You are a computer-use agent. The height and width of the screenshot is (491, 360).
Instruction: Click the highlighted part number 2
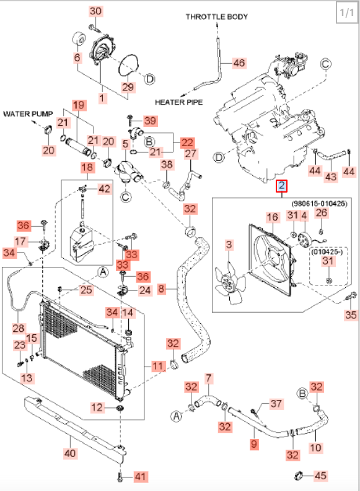click(x=281, y=186)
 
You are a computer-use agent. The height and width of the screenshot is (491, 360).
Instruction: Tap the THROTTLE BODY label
click(x=216, y=17)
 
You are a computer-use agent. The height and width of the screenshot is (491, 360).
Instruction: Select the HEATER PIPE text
click(x=178, y=102)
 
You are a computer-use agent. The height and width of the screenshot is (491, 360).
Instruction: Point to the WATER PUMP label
click(x=28, y=114)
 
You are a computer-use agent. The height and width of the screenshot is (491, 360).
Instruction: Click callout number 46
click(x=239, y=63)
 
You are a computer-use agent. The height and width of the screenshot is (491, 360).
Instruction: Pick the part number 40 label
click(x=70, y=453)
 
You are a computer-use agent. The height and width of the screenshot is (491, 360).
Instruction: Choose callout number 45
click(x=320, y=476)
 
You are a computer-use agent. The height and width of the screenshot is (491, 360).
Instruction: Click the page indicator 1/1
click(x=347, y=13)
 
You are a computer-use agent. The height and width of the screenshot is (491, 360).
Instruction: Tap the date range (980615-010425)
click(x=319, y=204)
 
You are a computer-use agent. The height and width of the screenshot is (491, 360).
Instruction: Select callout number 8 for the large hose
click(x=161, y=289)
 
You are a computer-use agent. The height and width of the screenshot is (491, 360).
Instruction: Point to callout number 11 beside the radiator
click(x=157, y=366)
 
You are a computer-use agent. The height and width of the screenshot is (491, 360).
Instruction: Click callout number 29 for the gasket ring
click(x=128, y=87)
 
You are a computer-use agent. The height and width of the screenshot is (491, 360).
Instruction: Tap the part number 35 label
click(x=351, y=315)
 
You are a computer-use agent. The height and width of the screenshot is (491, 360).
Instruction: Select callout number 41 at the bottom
click(x=141, y=477)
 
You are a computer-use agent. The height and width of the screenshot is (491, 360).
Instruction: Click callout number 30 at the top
click(x=95, y=11)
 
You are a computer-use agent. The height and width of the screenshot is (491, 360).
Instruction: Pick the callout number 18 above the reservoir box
click(x=87, y=168)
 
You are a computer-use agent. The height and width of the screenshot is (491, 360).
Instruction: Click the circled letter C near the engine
click(x=326, y=64)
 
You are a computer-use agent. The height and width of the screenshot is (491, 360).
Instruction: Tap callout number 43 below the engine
click(x=331, y=176)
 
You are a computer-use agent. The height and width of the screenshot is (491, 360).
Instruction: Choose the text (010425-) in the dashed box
click(x=327, y=252)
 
